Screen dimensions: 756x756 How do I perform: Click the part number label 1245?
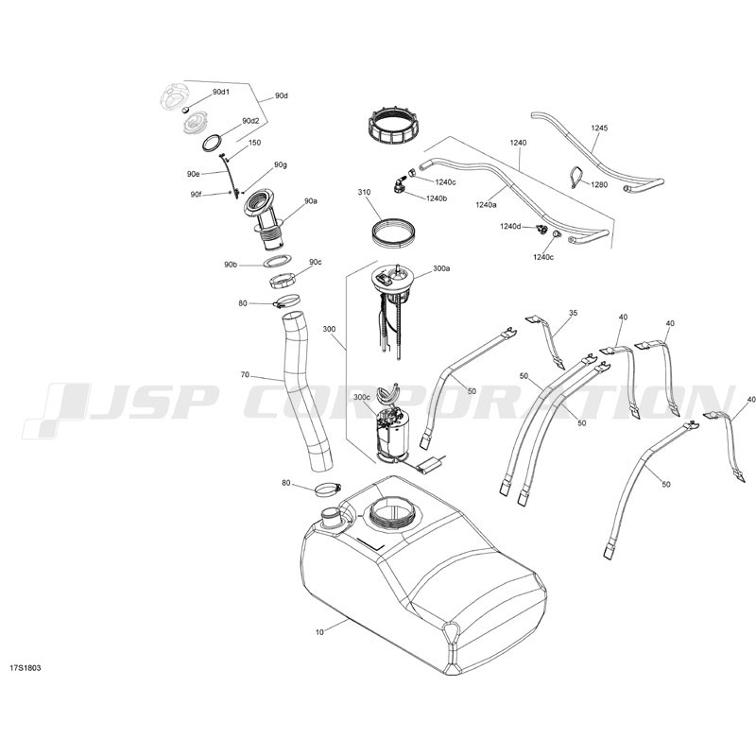point(599,129)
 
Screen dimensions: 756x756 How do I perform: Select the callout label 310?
point(364,193)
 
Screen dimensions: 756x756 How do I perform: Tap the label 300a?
point(441,268)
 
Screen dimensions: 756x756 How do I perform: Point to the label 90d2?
point(250,121)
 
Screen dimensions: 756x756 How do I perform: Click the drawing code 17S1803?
point(26,668)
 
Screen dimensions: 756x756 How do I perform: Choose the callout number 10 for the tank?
point(319,632)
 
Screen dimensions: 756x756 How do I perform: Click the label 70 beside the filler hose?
point(245,374)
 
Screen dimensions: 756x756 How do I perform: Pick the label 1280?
point(599,184)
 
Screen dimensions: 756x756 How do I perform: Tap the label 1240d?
point(510,226)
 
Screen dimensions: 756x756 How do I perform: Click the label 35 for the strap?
point(573,313)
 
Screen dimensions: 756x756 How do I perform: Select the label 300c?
point(362,397)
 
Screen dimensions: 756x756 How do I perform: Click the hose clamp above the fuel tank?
point(328,490)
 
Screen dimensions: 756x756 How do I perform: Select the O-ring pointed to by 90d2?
point(213,144)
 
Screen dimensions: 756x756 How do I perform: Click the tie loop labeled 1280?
point(577,177)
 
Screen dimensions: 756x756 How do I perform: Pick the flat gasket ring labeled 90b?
point(277,261)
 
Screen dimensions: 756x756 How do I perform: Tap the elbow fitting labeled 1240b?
point(399,184)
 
